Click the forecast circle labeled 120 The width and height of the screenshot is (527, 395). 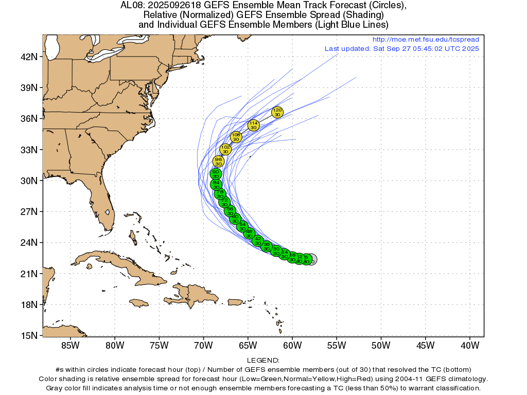coord(277,112)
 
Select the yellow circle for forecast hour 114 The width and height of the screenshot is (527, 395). coord(253,125)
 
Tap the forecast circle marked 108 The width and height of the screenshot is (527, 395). coord(236,137)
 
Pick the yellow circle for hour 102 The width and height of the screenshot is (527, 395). coord(225,149)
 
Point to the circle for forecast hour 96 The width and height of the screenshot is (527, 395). coord(219,161)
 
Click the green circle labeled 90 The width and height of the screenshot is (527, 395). coord(216,174)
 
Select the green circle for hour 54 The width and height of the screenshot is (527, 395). coord(242,226)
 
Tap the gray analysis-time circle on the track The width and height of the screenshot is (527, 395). coord(311,259)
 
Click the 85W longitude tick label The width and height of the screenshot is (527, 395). coord(69,345)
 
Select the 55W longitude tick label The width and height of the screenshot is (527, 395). coord(337,345)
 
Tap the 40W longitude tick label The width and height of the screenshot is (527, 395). coord(470,345)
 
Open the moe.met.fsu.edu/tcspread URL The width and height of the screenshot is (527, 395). coord(425,40)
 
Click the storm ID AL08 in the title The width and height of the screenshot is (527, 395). coord(131,6)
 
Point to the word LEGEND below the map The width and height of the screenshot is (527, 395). coord(263,360)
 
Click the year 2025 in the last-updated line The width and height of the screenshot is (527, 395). coord(471,48)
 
